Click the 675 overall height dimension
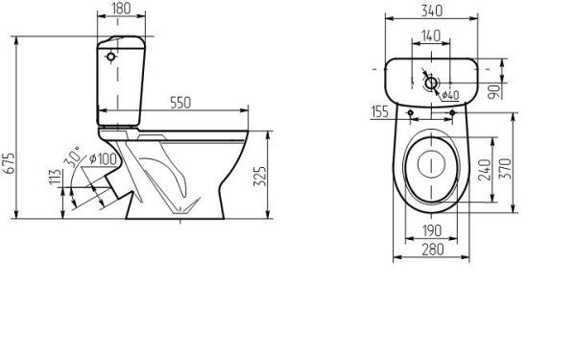pyautogui.click(x=10, y=162)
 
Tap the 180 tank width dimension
pyautogui.click(x=121, y=9)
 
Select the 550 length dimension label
pyautogui.click(x=180, y=103)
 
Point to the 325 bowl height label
pyautogui.click(x=260, y=177)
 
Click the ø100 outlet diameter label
pyautogui.click(x=103, y=159)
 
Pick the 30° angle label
pyautogui.click(x=72, y=156)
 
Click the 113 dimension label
pyautogui.click(x=55, y=178)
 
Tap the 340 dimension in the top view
pyautogui.click(x=432, y=11)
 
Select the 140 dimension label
pyautogui.click(x=430, y=36)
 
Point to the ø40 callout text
pyautogui.click(x=450, y=95)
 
